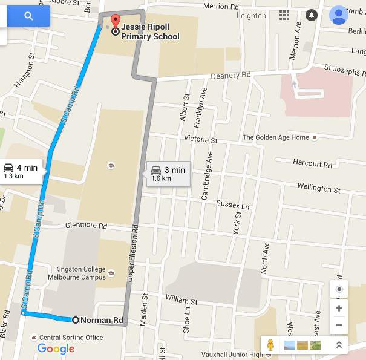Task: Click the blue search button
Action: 28,16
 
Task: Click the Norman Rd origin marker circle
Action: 76,320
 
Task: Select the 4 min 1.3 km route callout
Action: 21,171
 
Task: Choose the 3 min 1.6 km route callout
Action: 168,174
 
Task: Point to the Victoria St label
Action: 200,139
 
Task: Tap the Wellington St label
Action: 319,188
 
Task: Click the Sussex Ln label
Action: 232,206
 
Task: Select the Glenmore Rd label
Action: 86,225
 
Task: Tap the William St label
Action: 181,300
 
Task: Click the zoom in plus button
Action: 339,309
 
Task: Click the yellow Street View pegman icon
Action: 270,345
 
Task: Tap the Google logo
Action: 56,349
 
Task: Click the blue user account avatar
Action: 339,15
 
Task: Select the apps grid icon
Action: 284,15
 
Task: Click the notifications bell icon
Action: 311,15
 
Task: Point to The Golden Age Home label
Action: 276,137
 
